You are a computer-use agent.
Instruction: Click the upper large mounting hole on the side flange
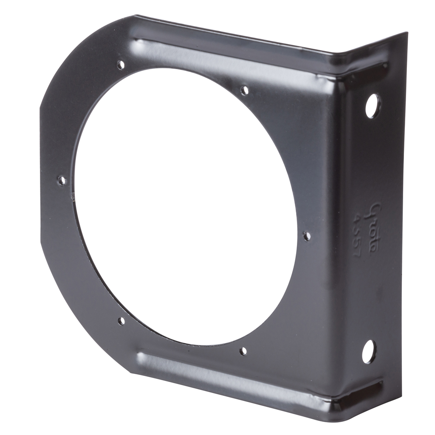372,105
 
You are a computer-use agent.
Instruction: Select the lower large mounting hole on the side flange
369,352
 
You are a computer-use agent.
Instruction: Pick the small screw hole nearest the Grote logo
307,236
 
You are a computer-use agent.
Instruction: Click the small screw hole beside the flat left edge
62,181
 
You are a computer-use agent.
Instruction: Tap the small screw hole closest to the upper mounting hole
245,90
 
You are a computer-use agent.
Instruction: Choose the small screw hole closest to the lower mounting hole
243,351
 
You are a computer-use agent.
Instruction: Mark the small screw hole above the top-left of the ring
121,65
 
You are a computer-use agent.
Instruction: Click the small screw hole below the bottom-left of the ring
121,321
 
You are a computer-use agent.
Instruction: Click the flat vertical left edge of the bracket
41,178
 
